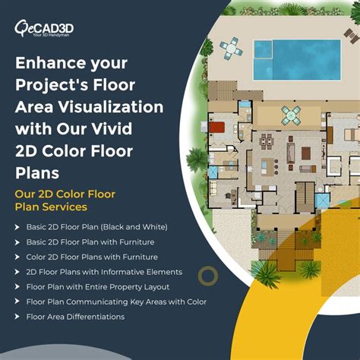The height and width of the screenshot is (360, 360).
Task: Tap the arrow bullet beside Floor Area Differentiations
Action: (17, 317)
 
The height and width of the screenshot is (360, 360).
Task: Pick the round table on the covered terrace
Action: (292, 115)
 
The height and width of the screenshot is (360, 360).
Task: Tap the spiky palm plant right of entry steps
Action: (309, 269)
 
